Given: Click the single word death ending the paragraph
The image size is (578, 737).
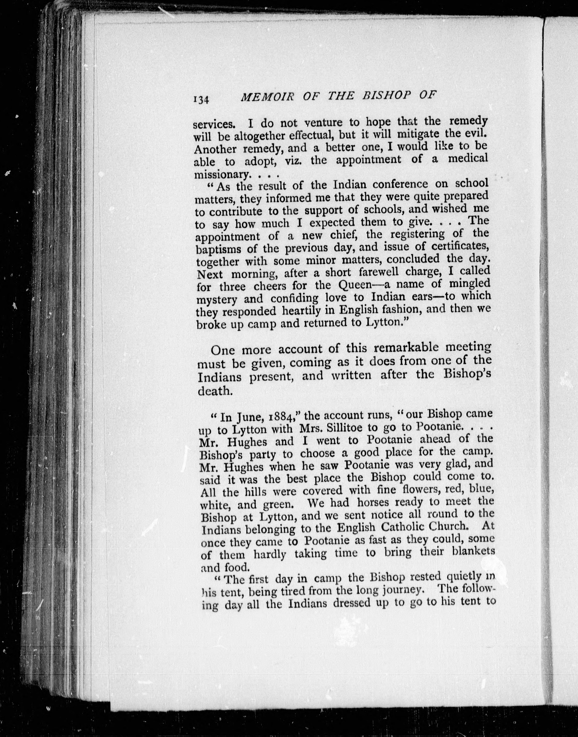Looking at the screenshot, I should pos(214,391).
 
